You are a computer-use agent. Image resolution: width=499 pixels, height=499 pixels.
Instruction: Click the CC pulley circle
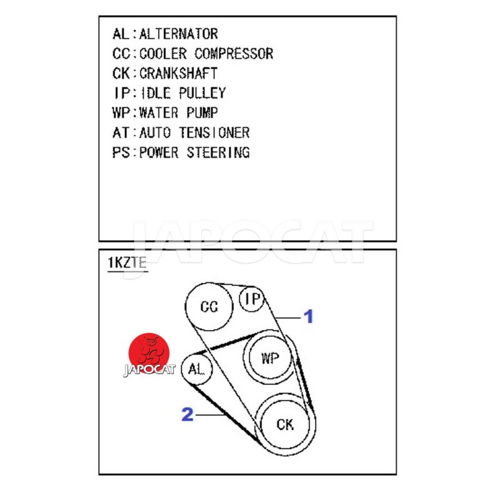tap(210, 307)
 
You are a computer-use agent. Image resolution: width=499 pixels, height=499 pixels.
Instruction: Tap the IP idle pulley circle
tap(253, 299)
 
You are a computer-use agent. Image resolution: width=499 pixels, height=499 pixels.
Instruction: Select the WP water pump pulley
tap(269, 359)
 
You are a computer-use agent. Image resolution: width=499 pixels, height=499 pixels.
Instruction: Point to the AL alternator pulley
tap(196, 369)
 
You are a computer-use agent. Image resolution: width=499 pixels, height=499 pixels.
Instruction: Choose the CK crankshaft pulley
tap(284, 425)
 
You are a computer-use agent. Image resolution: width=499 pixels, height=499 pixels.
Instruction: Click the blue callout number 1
tap(308, 317)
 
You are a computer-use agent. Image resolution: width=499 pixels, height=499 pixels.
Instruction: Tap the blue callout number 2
tap(187, 414)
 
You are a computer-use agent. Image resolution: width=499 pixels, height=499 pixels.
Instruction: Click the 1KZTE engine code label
tap(127, 263)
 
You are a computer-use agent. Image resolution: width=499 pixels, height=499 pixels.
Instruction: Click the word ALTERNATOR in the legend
tap(178, 34)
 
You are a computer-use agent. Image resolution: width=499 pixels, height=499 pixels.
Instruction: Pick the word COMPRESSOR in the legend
tap(234, 54)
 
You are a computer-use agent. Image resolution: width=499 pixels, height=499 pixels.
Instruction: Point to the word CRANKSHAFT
tap(178, 73)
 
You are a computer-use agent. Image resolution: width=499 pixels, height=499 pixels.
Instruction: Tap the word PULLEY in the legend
tap(202, 93)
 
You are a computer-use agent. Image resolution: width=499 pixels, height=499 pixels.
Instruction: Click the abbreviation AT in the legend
tap(122, 133)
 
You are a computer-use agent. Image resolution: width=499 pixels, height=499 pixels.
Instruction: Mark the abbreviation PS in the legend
tap(122, 152)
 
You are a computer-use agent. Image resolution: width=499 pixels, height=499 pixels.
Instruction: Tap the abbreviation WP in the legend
tap(122, 113)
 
